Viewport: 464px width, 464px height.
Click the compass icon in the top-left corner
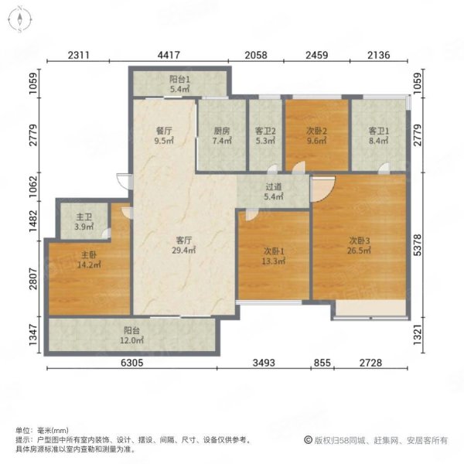pos(20,21)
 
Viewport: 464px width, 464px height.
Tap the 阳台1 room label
pos(179,80)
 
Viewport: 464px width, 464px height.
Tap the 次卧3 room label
pos(359,241)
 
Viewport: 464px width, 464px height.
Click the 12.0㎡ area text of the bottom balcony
pos(132,341)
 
